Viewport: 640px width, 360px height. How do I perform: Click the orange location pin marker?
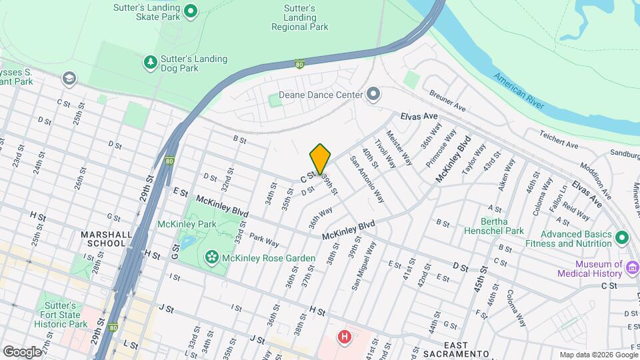pyautogui.click(x=320, y=159)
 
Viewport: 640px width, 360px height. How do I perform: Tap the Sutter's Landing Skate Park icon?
pyautogui.click(x=191, y=10)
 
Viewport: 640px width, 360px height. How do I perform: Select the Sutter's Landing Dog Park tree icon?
pyautogui.click(x=151, y=63)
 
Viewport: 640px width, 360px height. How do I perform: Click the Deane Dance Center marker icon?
pyautogui.click(x=373, y=95)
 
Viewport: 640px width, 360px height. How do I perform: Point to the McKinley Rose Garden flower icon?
pyautogui.click(x=212, y=257)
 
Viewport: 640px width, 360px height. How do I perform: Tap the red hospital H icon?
pyautogui.click(x=345, y=337)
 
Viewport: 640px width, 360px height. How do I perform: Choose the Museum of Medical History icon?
pyautogui.click(x=633, y=269)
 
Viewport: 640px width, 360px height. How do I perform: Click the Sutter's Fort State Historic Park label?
pyautogui.click(x=61, y=315)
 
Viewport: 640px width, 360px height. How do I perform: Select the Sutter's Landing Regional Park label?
pyautogui.click(x=300, y=17)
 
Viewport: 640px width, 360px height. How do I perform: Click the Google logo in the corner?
pyautogui.click(x=22, y=351)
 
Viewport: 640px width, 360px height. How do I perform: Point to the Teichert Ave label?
pyautogui.click(x=559, y=139)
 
